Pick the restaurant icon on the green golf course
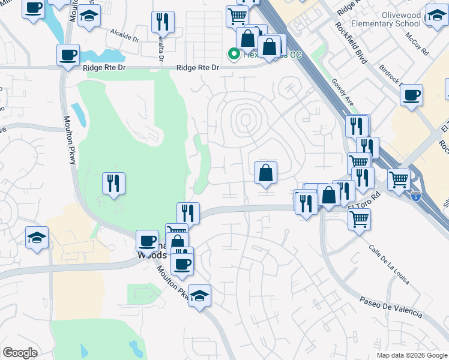[x=113, y=182]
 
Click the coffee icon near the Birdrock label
[x=411, y=95]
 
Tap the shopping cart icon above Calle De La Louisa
[x=359, y=219]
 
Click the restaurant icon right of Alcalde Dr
[x=163, y=22]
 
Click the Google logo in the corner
[x=20, y=353]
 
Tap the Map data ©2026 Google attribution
[x=411, y=355]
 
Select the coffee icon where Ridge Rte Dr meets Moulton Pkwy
[x=68, y=55]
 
